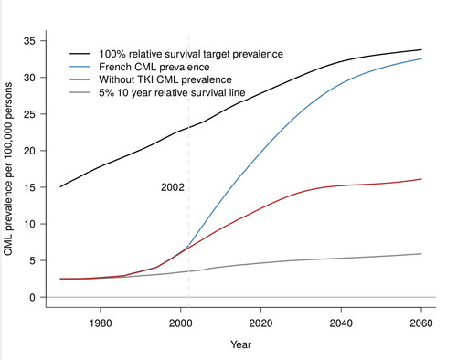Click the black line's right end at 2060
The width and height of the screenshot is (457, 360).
421,49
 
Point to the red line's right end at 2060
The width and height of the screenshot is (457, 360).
421,179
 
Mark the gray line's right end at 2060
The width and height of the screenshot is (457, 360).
421,253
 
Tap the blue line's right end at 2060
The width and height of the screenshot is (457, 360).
421,58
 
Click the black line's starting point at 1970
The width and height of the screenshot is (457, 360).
60,186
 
